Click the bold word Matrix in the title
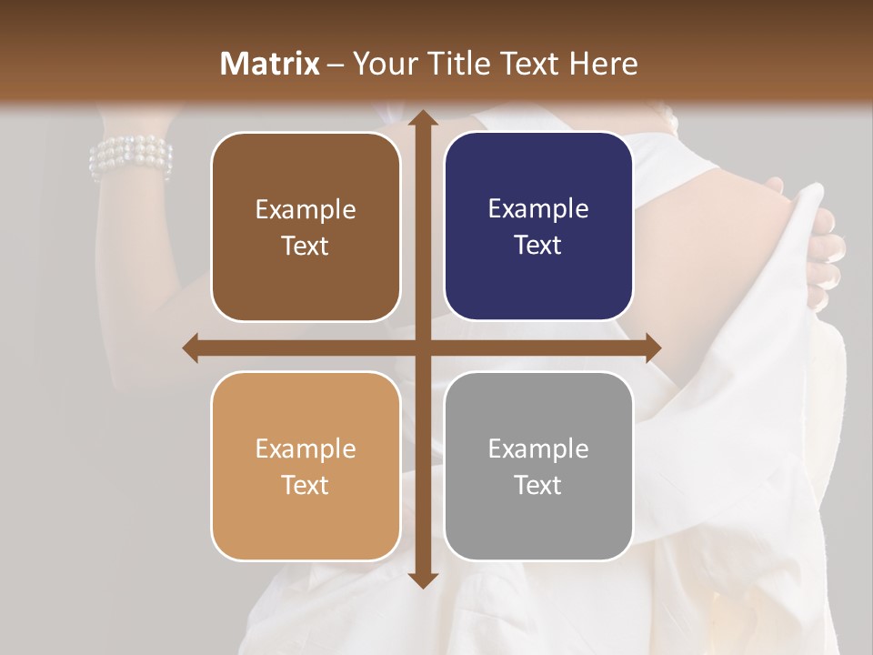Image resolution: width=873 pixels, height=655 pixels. pos(269,64)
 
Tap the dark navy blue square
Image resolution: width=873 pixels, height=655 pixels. pos(538,227)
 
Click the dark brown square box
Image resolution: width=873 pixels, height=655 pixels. pos(306,227)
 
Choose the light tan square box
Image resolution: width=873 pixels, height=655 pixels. pos(306,466)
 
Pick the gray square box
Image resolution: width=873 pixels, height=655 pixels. pos(538,466)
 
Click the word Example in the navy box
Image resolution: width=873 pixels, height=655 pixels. pos(538,208)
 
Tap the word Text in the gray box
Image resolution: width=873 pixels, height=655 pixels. pos(538,485)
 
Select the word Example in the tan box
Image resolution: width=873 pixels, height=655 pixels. pos(306,448)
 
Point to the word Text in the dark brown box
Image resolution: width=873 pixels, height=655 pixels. pos(306,246)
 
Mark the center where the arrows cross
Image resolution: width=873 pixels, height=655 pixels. pos(422,348)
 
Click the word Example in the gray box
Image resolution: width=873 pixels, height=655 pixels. pos(538,448)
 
